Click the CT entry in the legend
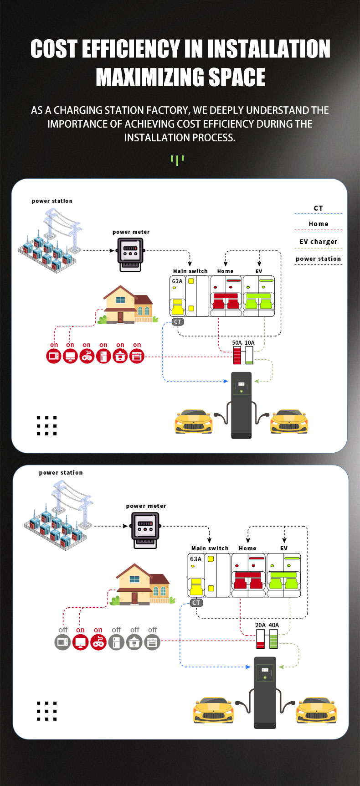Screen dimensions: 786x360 [x=318, y=208]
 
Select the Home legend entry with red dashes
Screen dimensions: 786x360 [x=318, y=224]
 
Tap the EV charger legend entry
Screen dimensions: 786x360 [x=318, y=242]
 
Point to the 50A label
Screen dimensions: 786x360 [x=237, y=343]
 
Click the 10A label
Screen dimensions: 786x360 [x=250, y=343]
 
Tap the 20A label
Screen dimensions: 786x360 [x=260, y=626]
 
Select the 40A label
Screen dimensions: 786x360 [x=274, y=626]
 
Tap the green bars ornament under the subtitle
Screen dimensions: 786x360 [x=177, y=160]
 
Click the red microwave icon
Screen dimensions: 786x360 [x=54, y=356]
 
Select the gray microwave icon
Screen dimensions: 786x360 [x=62, y=642]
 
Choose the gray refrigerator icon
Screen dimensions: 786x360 [x=116, y=642]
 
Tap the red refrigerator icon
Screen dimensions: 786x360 [x=103, y=356]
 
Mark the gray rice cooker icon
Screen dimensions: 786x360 [x=134, y=642]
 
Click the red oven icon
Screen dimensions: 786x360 [x=137, y=356]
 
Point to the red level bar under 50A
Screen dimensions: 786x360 [x=237, y=355]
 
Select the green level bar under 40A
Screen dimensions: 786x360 [x=273, y=640]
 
